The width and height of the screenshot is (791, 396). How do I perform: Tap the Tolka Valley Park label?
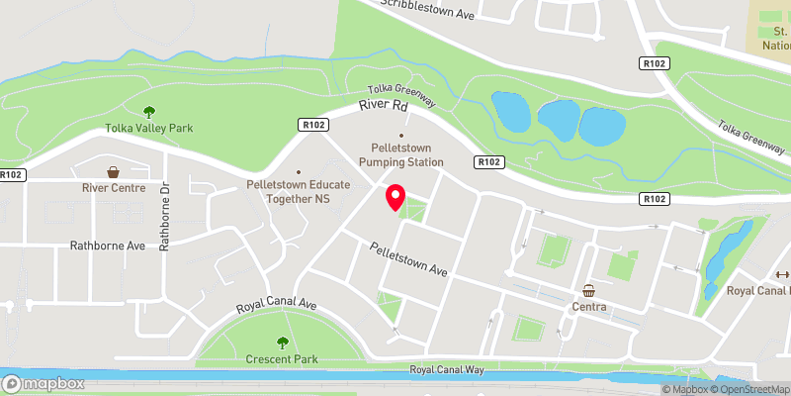pyautogui.click(x=149, y=128)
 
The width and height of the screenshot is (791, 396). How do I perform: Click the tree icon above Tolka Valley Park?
pyautogui.click(x=149, y=112)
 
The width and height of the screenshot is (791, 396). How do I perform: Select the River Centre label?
pyautogui.click(x=114, y=187)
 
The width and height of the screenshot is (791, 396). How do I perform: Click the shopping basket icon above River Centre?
pyautogui.click(x=114, y=171)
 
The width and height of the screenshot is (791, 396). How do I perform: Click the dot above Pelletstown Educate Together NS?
pyautogui.click(x=299, y=170)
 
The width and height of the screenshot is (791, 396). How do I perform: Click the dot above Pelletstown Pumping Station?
pyautogui.click(x=400, y=136)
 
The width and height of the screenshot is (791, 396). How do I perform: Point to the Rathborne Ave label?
pyautogui.click(x=108, y=245)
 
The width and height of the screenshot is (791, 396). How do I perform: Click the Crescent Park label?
pyautogui.click(x=282, y=359)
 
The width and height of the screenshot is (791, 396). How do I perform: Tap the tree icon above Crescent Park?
pyautogui.click(x=282, y=343)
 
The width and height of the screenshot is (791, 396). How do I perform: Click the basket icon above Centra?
pyautogui.click(x=589, y=290)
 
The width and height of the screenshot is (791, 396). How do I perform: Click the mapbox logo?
pyautogui.click(x=41, y=383)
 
